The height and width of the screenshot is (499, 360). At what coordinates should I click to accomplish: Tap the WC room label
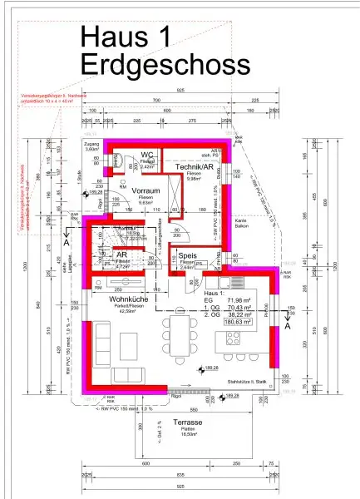(147, 155)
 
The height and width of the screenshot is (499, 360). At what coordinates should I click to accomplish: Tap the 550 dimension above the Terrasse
(193, 410)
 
